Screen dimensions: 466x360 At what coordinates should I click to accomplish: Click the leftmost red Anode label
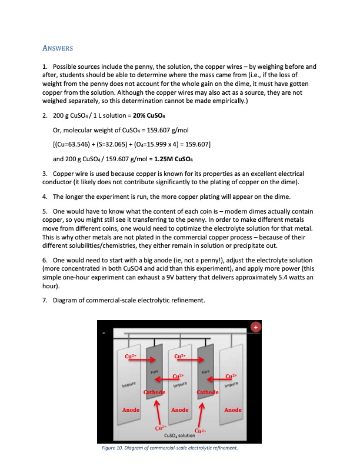tap(131, 410)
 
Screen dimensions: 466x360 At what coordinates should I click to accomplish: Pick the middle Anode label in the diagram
tap(179, 410)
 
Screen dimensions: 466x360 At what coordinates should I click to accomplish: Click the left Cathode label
tap(153, 392)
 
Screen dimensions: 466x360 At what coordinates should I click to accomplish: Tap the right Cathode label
tap(208, 392)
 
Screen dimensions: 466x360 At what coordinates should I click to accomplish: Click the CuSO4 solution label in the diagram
tap(181, 435)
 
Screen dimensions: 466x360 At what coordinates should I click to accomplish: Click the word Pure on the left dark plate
tap(155, 371)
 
